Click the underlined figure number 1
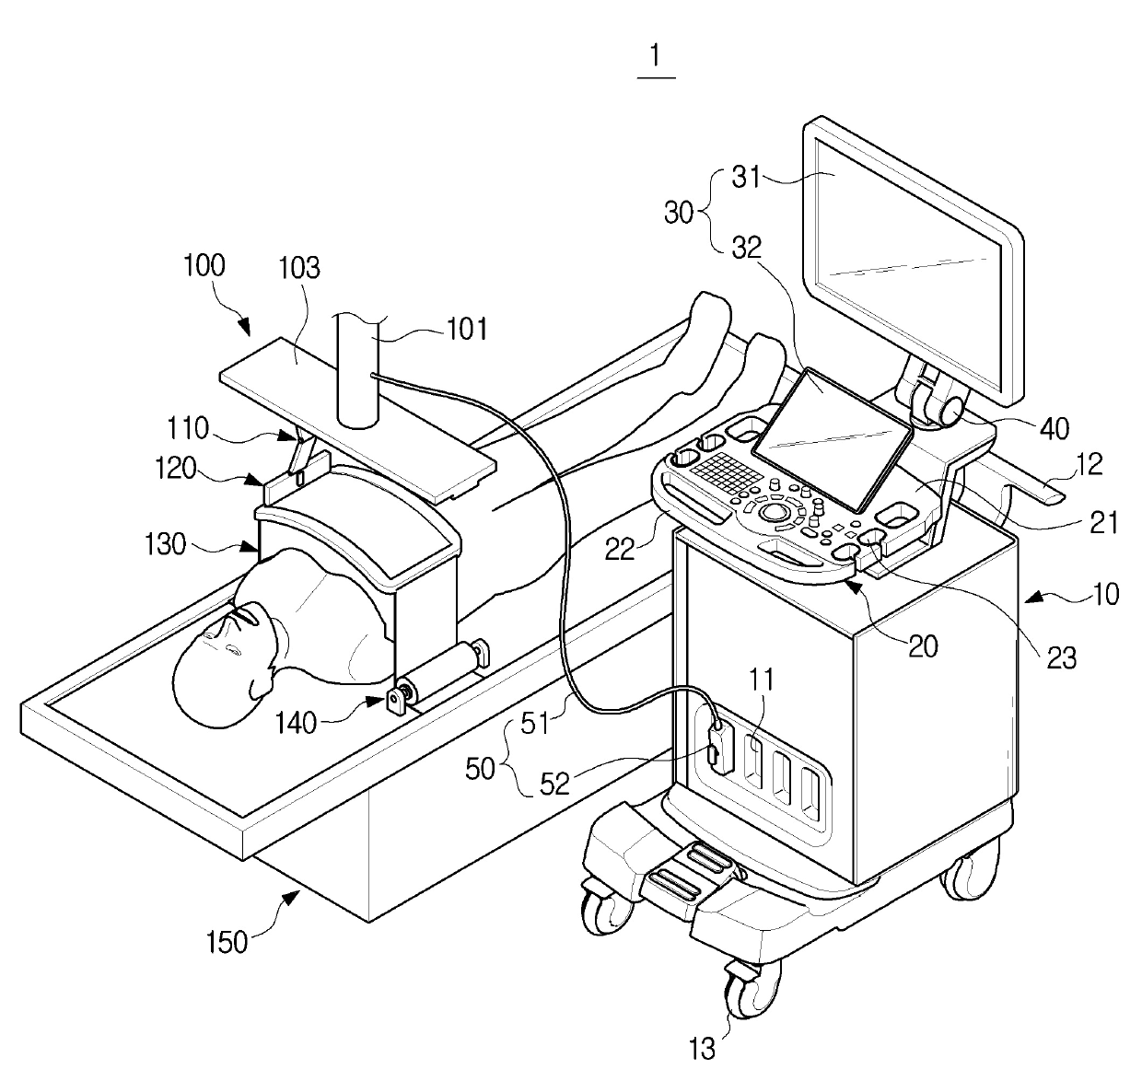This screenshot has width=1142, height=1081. pos(656,57)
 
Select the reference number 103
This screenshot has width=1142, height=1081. pos(299,268)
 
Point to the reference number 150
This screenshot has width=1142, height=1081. pos(227,942)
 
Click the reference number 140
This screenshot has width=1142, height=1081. pos(296,724)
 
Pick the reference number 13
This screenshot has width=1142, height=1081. pos(702,1049)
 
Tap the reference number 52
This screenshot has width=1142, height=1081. pos(554,785)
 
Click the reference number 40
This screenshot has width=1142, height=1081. pos(1055,429)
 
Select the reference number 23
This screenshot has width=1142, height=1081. pos(1061,658)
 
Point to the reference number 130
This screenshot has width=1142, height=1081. pos(165,545)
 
